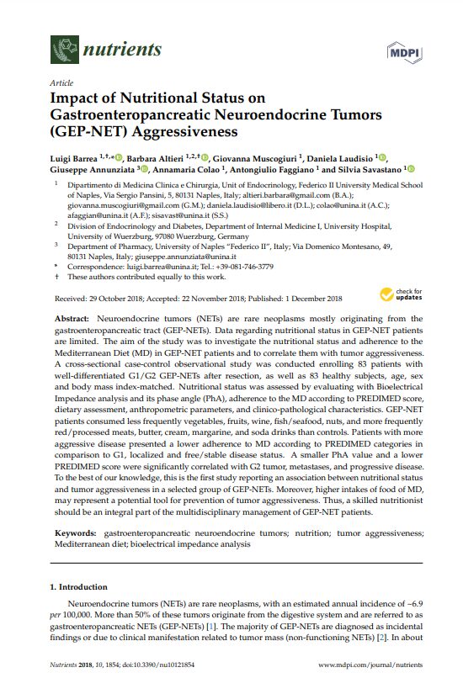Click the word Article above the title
61,84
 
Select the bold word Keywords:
78,533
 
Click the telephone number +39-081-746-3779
247,266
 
